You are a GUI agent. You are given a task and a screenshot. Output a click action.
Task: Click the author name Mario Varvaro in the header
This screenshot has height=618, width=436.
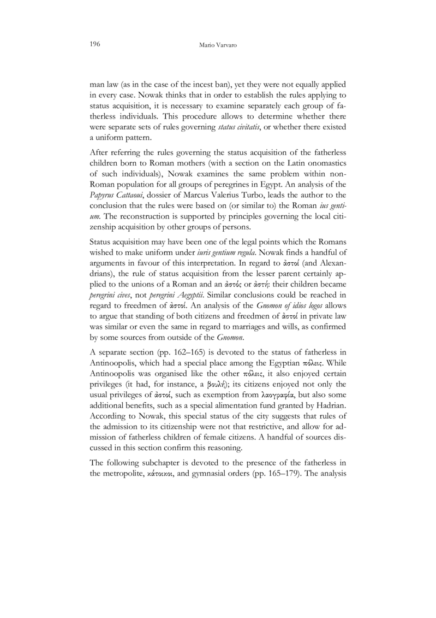[x=218, y=42]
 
